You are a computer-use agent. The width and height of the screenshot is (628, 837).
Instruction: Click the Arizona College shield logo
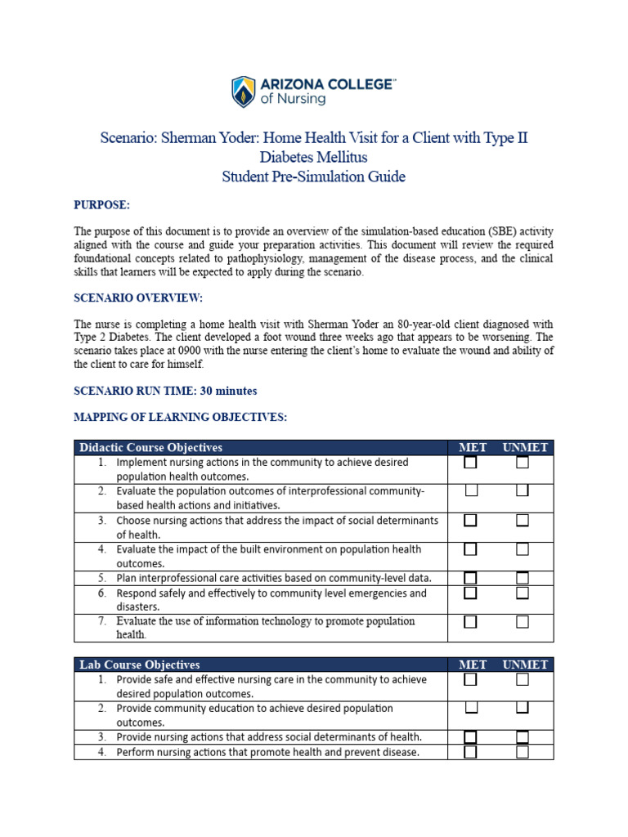pyautogui.click(x=244, y=92)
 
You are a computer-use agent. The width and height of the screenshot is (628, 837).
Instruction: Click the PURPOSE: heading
pyautogui.click(x=102, y=204)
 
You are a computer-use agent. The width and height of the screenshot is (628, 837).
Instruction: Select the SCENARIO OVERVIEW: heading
pyautogui.click(x=138, y=298)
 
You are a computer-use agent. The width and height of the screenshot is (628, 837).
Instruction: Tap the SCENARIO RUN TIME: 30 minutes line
pyautogui.click(x=165, y=391)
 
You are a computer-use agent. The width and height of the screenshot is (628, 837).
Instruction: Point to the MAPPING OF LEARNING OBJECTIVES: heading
pyautogui.click(x=180, y=417)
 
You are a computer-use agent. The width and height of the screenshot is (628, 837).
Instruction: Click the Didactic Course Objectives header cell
pyautogui.click(x=150, y=447)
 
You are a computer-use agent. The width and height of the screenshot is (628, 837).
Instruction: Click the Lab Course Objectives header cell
pyautogui.click(x=139, y=665)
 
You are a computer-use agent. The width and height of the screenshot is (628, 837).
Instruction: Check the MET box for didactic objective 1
pyautogui.click(x=471, y=463)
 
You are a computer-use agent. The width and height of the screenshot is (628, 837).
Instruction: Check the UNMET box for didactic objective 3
pyautogui.click(x=523, y=520)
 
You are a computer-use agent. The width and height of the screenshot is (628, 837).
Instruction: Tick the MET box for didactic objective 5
pyautogui.click(x=471, y=578)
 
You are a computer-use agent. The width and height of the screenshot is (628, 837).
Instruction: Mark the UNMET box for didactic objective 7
pyautogui.click(x=523, y=622)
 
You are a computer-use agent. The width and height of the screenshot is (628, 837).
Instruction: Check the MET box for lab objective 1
pyautogui.click(x=471, y=679)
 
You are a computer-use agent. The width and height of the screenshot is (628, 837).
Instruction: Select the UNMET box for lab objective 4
pyautogui.click(x=523, y=751)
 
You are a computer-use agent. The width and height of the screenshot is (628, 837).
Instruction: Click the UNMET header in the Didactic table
pyautogui.click(x=526, y=447)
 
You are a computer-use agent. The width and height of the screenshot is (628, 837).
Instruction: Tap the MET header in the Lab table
pyautogui.click(x=473, y=665)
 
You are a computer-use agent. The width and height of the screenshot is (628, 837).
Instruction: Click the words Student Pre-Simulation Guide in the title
pyautogui.click(x=314, y=177)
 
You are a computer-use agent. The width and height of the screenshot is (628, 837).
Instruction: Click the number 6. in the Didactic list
pyautogui.click(x=102, y=593)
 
